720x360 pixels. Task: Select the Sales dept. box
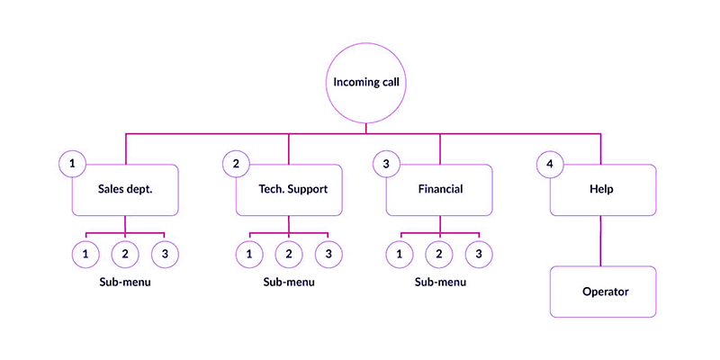point(125,190)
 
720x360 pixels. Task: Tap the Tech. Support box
point(289,190)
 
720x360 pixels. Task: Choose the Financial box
point(440,190)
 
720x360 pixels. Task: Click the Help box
point(602,190)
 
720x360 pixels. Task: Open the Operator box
point(602,292)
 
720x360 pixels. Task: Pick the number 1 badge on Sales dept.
point(72,164)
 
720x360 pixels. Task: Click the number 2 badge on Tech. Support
point(236,164)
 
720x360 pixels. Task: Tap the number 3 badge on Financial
point(386,164)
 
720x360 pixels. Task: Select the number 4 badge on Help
point(550,164)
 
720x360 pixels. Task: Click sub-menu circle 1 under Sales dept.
point(85,255)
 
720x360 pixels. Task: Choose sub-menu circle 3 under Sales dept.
point(165,255)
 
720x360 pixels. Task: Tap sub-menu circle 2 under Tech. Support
point(289,255)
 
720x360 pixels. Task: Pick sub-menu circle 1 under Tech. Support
point(249,255)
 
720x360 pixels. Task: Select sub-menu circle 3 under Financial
point(480,255)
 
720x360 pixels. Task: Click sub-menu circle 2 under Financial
point(440,255)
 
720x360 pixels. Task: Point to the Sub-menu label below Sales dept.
point(125,282)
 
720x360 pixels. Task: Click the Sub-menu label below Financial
point(440,282)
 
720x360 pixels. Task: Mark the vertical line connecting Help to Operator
point(601,241)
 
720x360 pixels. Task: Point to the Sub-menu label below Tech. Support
point(289,282)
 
